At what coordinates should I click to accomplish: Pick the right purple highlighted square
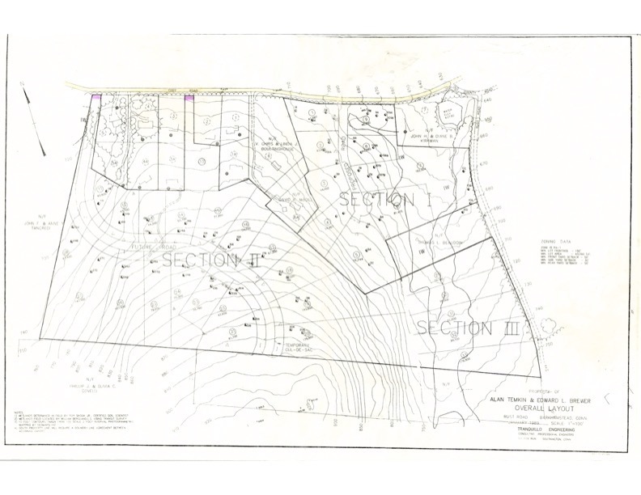189,98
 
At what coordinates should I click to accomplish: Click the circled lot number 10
201,161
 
